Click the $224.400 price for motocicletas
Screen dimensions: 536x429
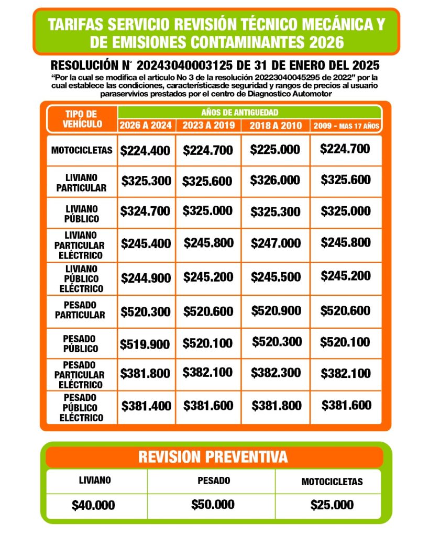pos(145,151)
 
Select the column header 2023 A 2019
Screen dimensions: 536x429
pos(208,126)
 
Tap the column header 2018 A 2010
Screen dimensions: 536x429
pos(276,126)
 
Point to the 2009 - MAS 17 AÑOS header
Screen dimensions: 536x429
pos(346,126)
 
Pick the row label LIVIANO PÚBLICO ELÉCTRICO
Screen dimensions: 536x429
pos(81,278)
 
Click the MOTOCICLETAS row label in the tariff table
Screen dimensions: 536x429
pos(82,150)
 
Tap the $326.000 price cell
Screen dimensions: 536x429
pos(275,181)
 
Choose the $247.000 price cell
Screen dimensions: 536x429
pos(275,243)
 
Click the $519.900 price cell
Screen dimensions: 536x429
pos(145,344)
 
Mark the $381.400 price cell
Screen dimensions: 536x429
pos(146,406)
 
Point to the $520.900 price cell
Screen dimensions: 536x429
pos(276,310)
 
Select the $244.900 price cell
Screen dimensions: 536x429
pos(146,278)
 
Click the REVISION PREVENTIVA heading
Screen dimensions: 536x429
pos(213,457)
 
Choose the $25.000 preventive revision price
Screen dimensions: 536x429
pos(332,505)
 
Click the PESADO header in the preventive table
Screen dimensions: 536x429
pos(213,481)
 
